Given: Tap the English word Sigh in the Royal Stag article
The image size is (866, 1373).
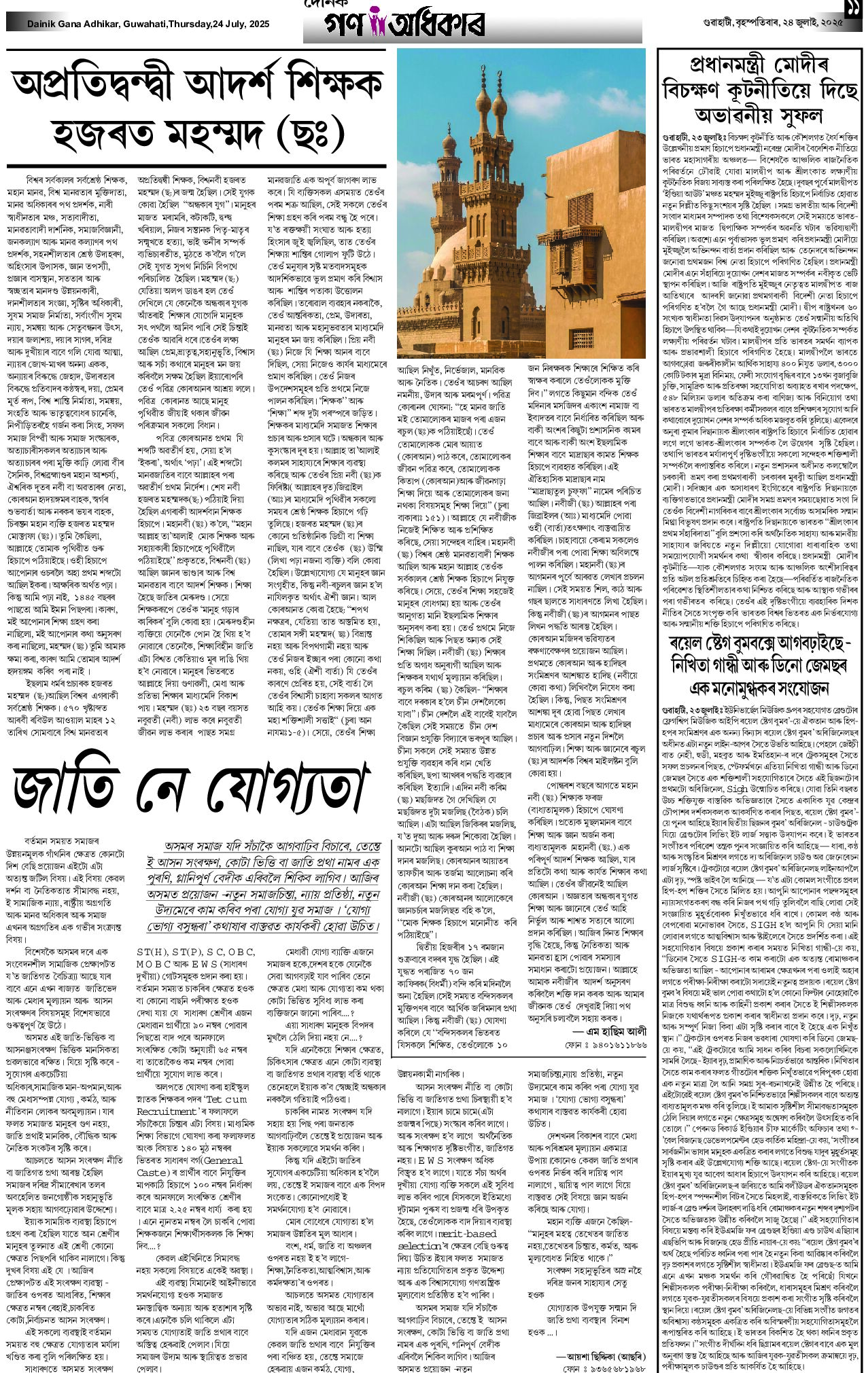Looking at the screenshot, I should click(737, 789).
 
